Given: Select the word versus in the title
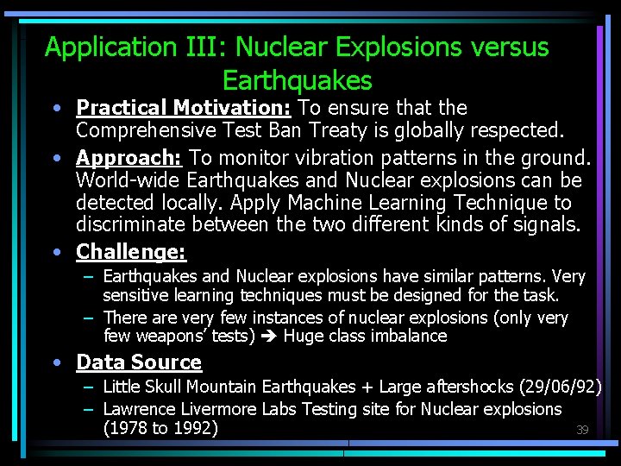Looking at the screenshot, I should point(506,47).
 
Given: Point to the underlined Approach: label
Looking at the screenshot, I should point(129,158).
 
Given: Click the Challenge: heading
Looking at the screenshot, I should point(130,252).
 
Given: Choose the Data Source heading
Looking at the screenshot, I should point(139,362).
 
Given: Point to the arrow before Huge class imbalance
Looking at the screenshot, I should point(269,337).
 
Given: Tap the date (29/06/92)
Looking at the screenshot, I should point(560,386).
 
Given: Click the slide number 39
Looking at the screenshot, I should point(582,430).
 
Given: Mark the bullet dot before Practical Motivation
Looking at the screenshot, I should point(55,109).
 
